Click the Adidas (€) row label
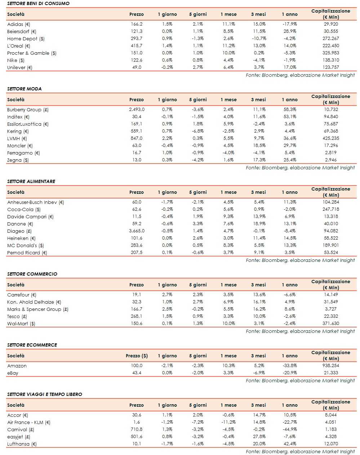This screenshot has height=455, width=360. click(18, 24)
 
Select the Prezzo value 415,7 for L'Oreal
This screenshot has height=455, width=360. click(137, 46)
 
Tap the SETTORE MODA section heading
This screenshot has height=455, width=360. click(24, 89)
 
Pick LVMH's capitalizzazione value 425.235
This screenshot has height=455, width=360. click(331, 138)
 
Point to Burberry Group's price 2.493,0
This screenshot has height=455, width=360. click(137, 110)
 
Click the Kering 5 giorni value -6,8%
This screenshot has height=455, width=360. click(198, 131)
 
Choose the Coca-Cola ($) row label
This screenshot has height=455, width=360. click(24, 209)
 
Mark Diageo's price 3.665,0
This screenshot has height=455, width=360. click(137, 231)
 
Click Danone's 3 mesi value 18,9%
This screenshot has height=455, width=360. click(259, 224)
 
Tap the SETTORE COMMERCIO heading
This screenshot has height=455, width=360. click(32, 274)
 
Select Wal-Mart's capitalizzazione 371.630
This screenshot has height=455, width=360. click(331, 324)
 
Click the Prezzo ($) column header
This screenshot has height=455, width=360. click(137, 356)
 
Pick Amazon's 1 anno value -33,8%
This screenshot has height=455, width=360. click(290, 366)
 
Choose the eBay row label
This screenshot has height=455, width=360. click(13, 373)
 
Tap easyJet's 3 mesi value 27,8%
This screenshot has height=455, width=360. click(259, 437)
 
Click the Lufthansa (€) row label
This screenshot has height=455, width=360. click(22, 444)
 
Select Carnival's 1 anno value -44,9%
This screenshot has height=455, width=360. click(290, 429)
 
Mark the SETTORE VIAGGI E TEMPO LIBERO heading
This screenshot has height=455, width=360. click(45, 394)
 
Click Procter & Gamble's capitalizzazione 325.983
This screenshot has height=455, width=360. click(331, 53)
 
